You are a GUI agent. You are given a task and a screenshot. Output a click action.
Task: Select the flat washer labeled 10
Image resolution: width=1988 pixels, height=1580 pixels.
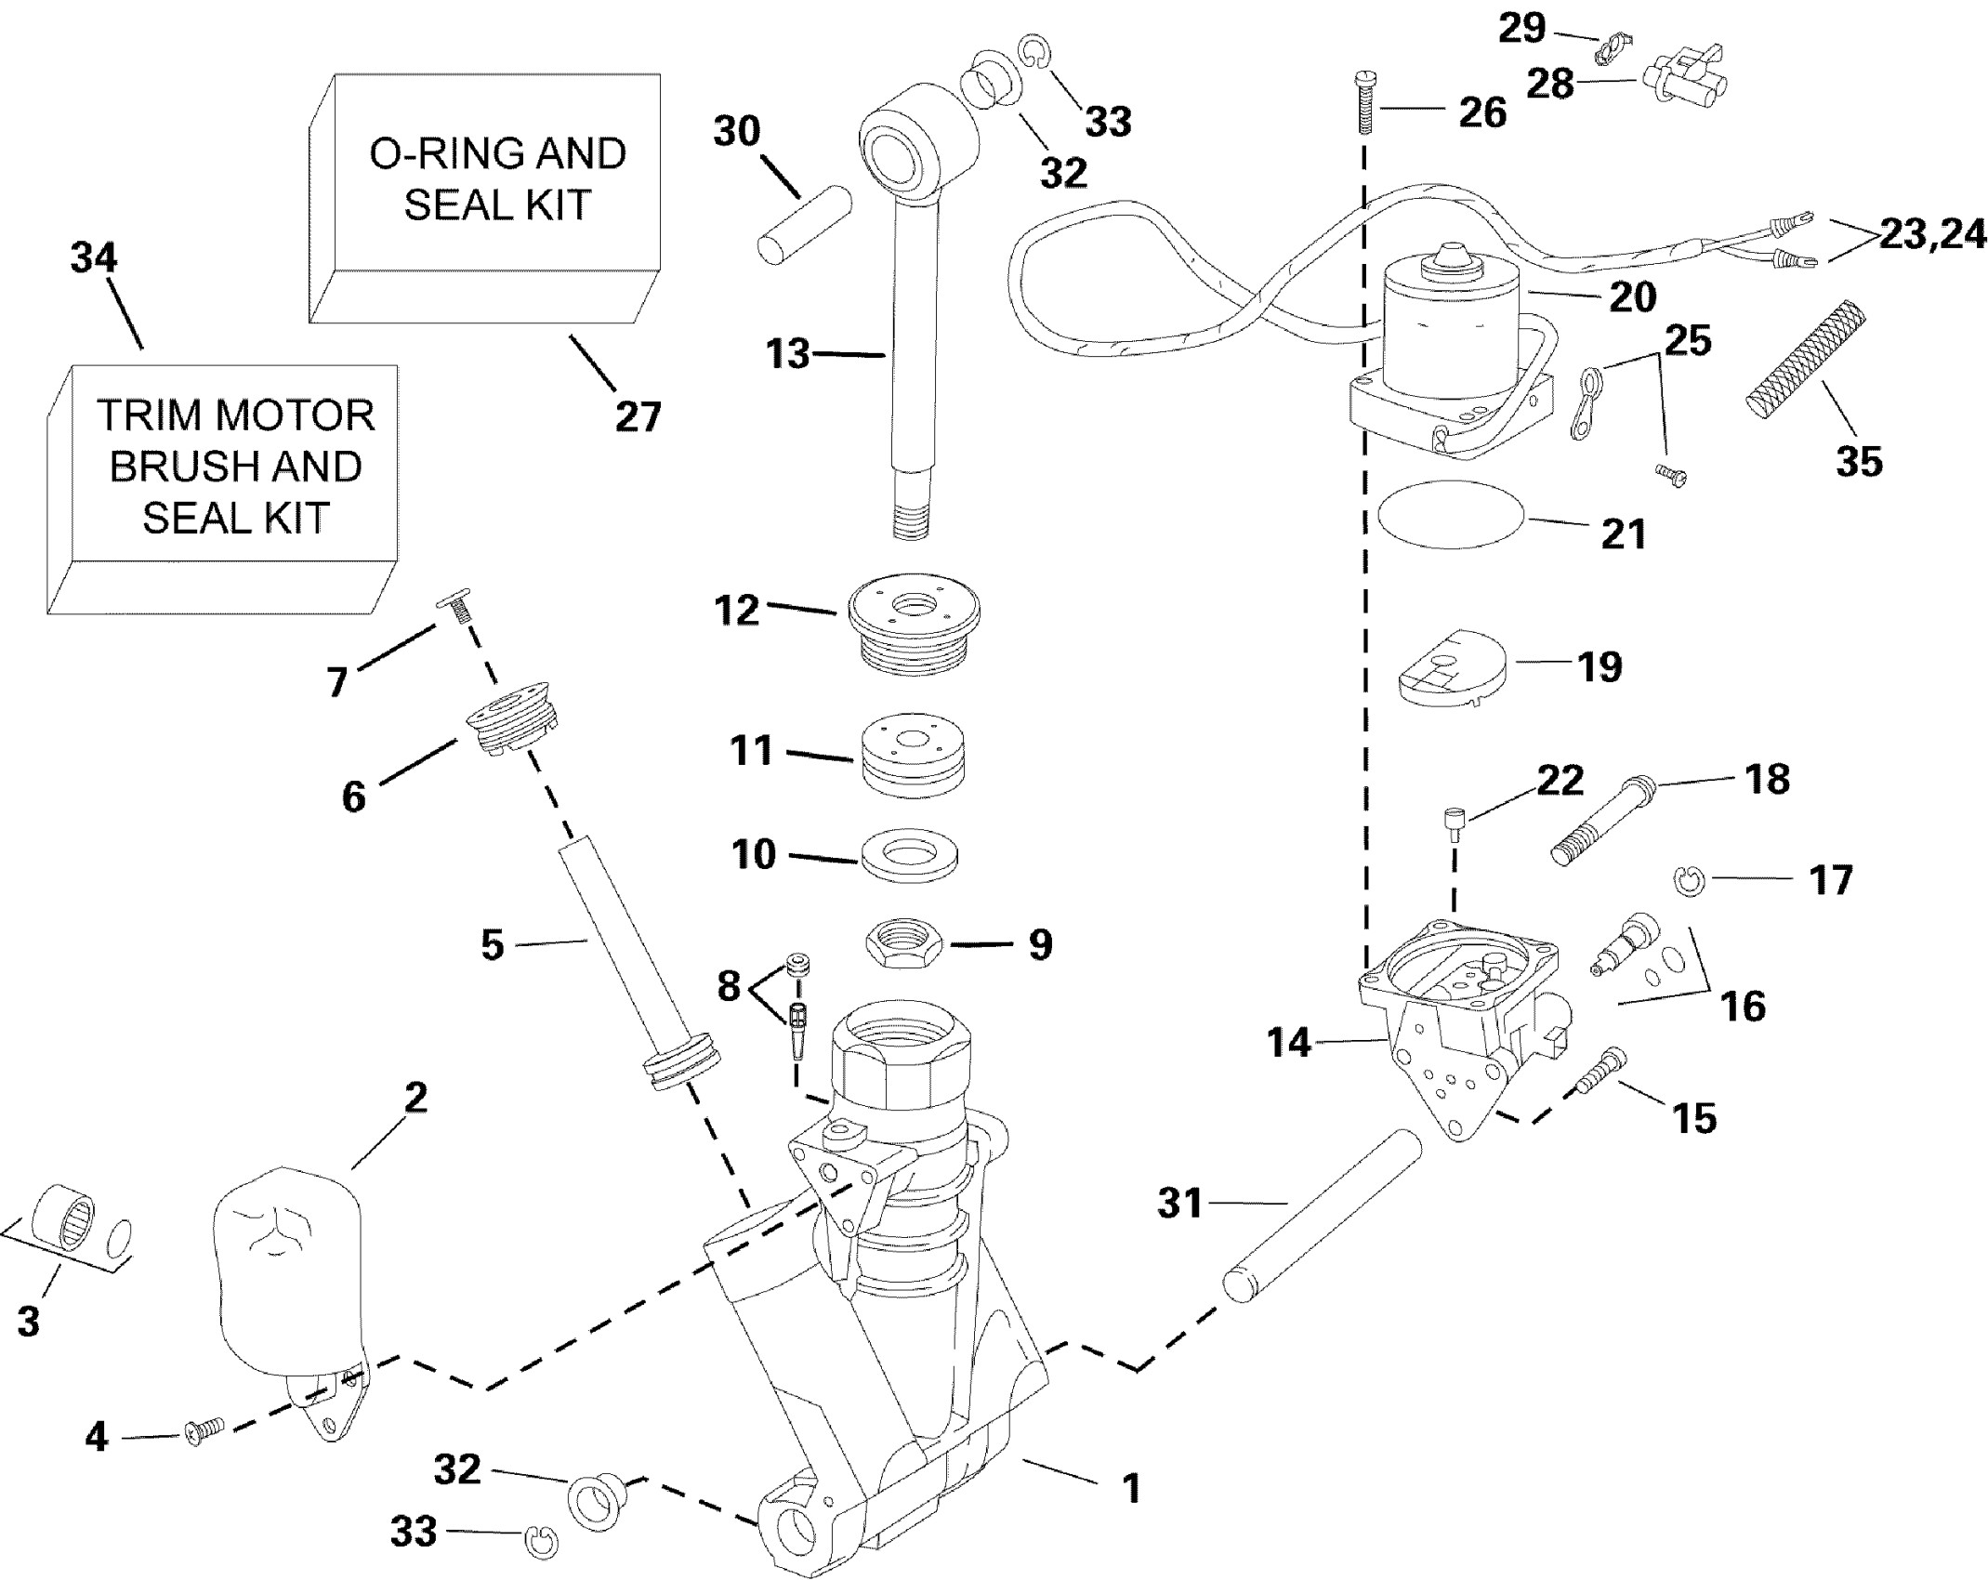[910, 856]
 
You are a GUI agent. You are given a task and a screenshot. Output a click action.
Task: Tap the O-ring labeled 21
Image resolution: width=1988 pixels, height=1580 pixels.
[1451, 521]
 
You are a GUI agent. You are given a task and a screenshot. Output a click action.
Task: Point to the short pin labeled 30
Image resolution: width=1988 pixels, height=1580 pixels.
[805, 225]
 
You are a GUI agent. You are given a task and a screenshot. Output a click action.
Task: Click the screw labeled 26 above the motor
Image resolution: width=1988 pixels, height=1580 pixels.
[1365, 101]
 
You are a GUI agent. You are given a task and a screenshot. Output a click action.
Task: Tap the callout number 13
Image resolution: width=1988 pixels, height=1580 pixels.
[788, 354]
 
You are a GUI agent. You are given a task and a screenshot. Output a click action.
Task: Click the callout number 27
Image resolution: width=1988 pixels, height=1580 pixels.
[638, 416]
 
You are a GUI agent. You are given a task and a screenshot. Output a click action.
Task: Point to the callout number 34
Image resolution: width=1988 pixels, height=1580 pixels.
[94, 257]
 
